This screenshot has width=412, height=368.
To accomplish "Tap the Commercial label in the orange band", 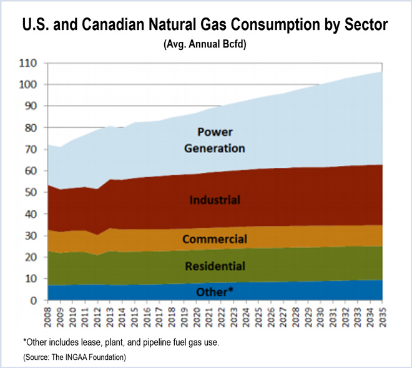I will pyautogui.click(x=215, y=239).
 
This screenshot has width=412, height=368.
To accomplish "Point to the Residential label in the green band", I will pyautogui.click(x=215, y=266).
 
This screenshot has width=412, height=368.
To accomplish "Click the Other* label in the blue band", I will pyautogui.click(x=215, y=292).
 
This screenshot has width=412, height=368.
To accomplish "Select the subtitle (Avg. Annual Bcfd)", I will pyautogui.click(x=205, y=45).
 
